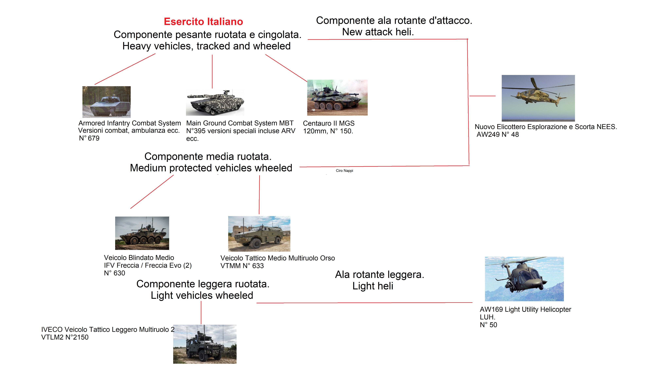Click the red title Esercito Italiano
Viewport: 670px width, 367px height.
(x=203, y=22)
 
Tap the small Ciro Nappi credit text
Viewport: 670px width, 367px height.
(x=344, y=171)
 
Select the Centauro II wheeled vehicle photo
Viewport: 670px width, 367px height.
(x=337, y=98)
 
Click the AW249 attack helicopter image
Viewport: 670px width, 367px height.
(x=538, y=98)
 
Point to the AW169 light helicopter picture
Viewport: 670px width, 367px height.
(x=524, y=279)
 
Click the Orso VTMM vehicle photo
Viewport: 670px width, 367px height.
(x=259, y=234)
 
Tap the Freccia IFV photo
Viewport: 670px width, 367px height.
(x=142, y=233)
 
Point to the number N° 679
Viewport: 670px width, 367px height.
(x=89, y=138)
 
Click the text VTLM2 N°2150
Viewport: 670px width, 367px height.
(x=65, y=337)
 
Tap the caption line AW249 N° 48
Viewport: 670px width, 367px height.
(x=498, y=135)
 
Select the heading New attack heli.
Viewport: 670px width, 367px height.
(x=378, y=32)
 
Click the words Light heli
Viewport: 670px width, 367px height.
(x=373, y=286)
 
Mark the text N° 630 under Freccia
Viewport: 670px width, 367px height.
(x=115, y=273)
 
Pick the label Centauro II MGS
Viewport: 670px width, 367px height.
(x=329, y=123)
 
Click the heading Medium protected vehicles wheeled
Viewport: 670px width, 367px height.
(x=211, y=168)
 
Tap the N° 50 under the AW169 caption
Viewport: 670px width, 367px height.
(x=488, y=325)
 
